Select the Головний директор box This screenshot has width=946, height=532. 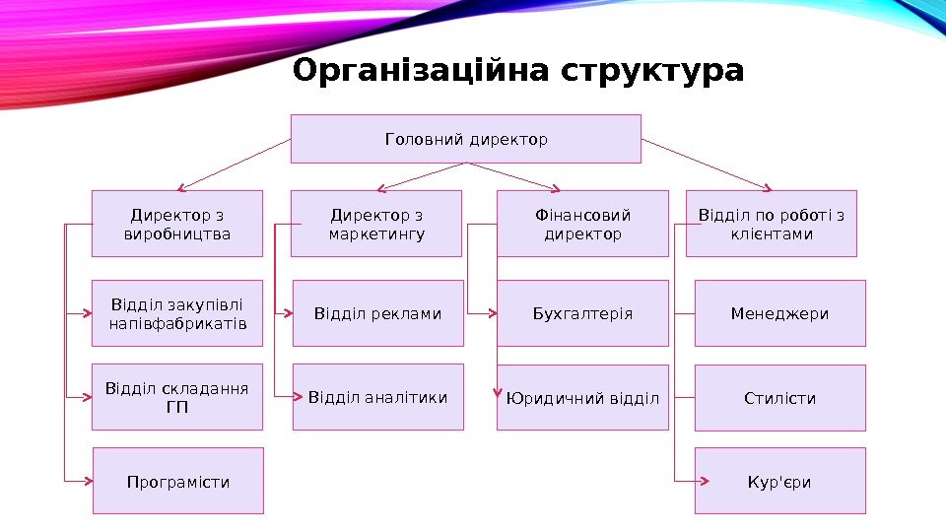pyautogui.click(x=466, y=139)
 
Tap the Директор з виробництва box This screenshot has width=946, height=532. pyautogui.click(x=177, y=224)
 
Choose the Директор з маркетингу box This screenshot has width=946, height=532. pyautogui.click(x=376, y=224)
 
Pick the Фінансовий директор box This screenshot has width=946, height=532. pyautogui.click(x=582, y=224)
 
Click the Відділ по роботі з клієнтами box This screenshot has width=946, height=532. pyautogui.click(x=772, y=224)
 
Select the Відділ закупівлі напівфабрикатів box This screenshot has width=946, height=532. pyautogui.click(x=177, y=313)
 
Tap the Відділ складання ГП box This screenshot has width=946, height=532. pyautogui.click(x=177, y=398)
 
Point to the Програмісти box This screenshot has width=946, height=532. pyautogui.click(x=178, y=481)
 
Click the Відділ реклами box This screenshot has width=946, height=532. pyautogui.click(x=377, y=313)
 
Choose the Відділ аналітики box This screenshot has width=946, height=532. pyautogui.click(x=377, y=398)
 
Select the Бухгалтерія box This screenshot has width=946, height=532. pyautogui.click(x=582, y=313)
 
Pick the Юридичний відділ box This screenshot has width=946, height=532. pyautogui.click(x=582, y=398)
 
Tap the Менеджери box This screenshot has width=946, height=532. pyautogui.click(x=780, y=313)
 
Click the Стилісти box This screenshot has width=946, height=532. pyautogui.click(x=780, y=398)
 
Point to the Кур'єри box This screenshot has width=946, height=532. pyautogui.click(x=780, y=481)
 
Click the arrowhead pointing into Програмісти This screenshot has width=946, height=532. pyautogui.click(x=89, y=481)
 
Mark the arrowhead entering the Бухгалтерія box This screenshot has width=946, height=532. pyautogui.click(x=493, y=314)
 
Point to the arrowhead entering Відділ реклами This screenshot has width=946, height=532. pyautogui.click(x=289, y=314)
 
